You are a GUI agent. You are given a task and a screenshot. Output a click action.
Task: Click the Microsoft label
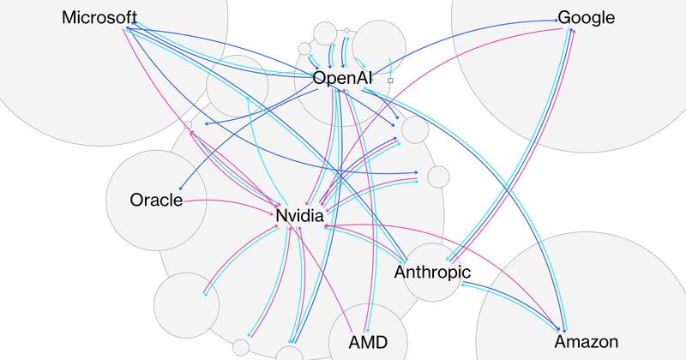click(99, 17)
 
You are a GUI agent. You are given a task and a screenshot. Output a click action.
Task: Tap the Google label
click(586, 17)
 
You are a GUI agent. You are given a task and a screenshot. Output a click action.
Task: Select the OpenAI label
click(342, 78)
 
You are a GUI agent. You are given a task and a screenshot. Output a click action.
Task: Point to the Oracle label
click(156, 201)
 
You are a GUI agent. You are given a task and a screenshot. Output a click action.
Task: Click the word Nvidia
click(298, 216)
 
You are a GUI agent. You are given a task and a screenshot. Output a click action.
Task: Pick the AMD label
click(368, 342)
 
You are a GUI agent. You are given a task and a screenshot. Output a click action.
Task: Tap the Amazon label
click(587, 342)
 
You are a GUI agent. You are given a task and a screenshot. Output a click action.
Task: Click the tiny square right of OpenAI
click(390, 80)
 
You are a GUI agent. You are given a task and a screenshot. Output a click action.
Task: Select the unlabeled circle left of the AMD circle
click(290, 354)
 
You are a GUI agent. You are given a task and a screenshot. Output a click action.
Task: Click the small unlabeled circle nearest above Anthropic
click(438, 176)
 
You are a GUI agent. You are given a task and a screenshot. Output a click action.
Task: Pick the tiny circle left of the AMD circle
click(241, 347)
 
